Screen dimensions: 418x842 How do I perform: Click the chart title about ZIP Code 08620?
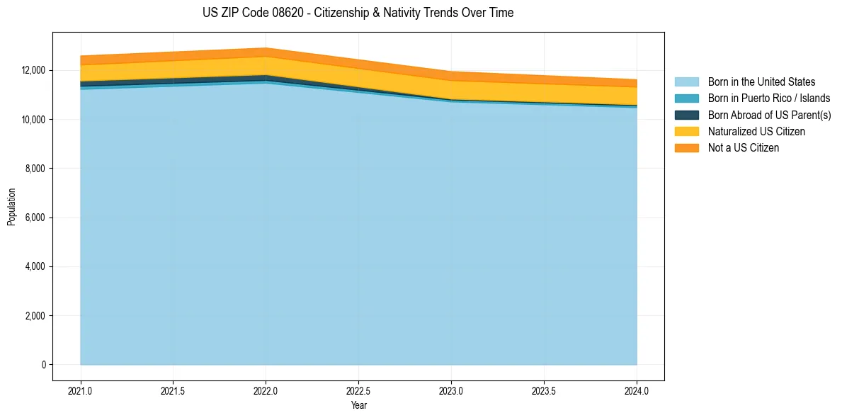(358, 13)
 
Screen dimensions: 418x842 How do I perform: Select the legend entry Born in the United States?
(761, 82)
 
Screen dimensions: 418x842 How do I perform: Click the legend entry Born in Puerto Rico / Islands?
(769, 98)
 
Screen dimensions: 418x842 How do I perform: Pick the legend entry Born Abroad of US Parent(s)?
(769, 115)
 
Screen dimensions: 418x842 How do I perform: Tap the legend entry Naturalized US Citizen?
(756, 131)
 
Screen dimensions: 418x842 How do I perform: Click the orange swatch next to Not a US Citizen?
(686, 148)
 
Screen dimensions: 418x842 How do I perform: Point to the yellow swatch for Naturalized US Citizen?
(686, 131)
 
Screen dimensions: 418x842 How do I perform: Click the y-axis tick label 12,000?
(33, 71)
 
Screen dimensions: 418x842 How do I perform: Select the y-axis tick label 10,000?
(33, 120)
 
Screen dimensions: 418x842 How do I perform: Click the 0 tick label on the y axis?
(43, 365)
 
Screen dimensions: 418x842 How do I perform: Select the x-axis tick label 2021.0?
(81, 390)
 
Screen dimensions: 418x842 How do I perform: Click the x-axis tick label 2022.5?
(358, 390)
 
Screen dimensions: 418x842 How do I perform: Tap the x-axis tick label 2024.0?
(637, 390)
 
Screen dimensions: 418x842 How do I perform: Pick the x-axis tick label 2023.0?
(451, 390)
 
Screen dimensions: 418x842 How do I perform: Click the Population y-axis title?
(11, 207)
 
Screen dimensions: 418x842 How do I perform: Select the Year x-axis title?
(358, 405)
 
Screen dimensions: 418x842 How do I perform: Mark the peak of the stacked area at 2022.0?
(266, 49)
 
